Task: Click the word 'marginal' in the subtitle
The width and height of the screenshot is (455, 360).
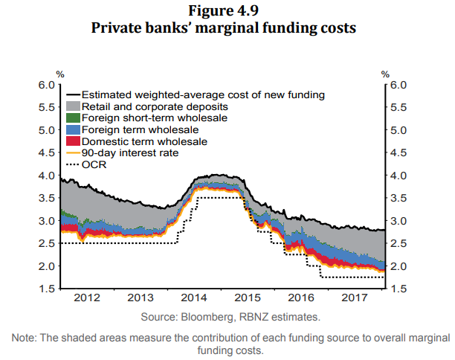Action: point(245,28)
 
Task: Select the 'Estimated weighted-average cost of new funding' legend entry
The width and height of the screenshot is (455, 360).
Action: point(201,95)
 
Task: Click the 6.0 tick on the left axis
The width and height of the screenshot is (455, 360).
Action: point(46,85)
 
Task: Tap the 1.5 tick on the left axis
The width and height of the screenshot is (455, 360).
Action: point(46,289)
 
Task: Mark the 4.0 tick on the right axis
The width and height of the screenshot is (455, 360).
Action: point(399,176)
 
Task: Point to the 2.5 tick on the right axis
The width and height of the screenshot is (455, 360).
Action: point(399,244)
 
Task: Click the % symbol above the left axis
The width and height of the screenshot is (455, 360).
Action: point(59,74)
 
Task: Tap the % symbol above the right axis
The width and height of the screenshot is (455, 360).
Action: point(385,74)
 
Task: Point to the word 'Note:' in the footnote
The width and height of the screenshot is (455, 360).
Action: point(25,338)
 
